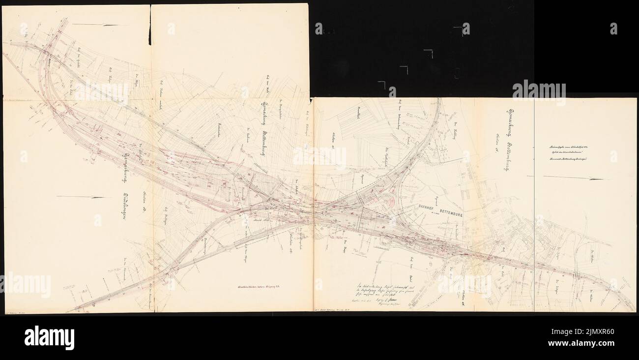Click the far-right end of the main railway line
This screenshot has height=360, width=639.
[x=633, y=309]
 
